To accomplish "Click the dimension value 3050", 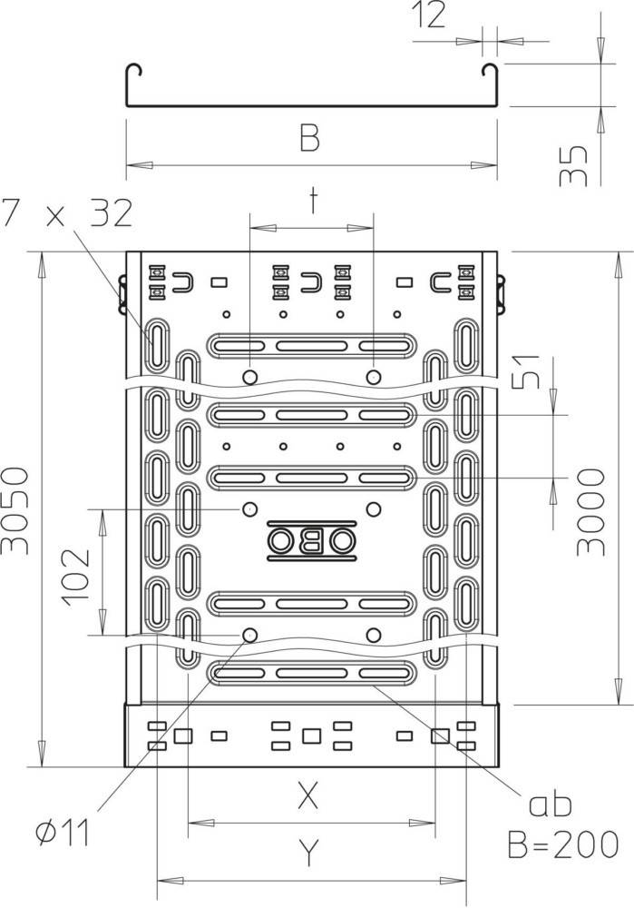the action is pyautogui.click(x=15, y=510).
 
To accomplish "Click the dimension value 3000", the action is pyautogui.click(x=591, y=512).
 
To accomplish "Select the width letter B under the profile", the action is pyautogui.click(x=310, y=139).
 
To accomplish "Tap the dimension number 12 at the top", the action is pyautogui.click(x=429, y=15).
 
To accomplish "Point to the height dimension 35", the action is pyautogui.click(x=573, y=166).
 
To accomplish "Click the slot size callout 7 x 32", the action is pyautogui.click(x=66, y=212).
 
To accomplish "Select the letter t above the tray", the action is pyautogui.click(x=313, y=201).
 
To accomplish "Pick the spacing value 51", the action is pyautogui.click(x=526, y=370).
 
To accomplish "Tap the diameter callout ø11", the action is pyautogui.click(x=63, y=833).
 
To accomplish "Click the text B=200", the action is pyautogui.click(x=563, y=844).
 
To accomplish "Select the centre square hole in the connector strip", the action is pyautogui.click(x=312, y=736).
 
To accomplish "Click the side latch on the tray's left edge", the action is pyautogui.click(x=122, y=294).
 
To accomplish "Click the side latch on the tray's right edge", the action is pyautogui.click(x=501, y=294).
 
